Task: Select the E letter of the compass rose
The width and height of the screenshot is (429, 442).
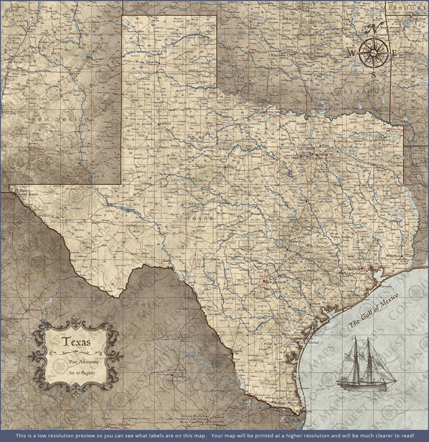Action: pyautogui.click(x=394, y=53)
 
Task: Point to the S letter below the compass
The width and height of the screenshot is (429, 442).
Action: pyautogui.click(x=373, y=75)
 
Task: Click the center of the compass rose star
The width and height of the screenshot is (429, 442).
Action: pyautogui.click(x=373, y=53)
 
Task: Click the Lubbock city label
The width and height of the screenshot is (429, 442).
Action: pyautogui.click(x=166, y=124)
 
